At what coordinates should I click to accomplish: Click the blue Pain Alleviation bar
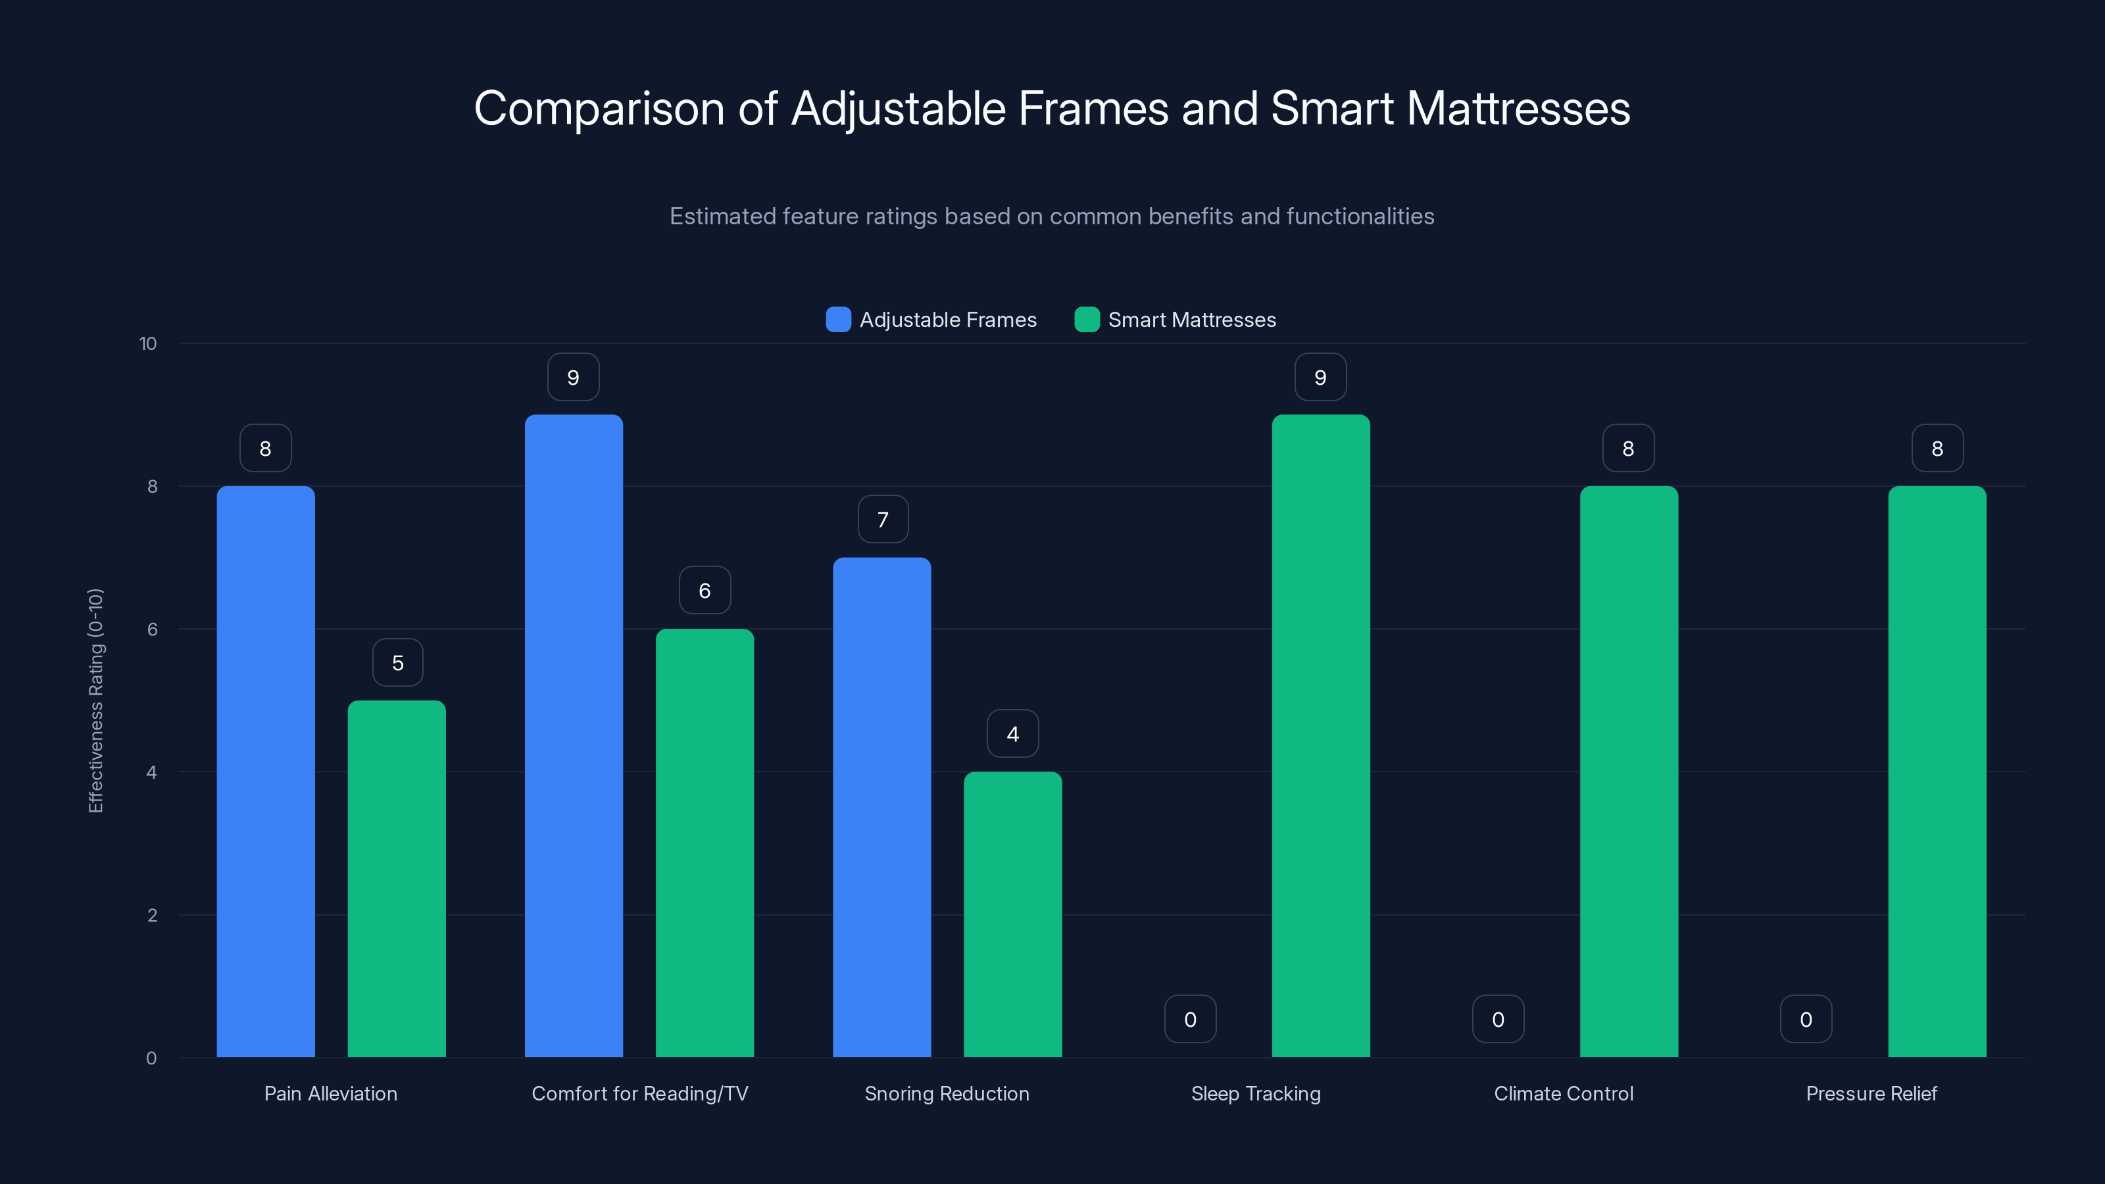[x=266, y=772]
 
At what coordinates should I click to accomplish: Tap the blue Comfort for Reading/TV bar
[x=574, y=735]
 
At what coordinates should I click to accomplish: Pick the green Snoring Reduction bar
[x=1012, y=914]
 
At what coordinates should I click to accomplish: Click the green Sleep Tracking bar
[x=1320, y=735]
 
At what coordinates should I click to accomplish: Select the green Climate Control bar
[x=1629, y=772]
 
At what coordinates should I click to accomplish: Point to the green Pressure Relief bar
[x=1937, y=772]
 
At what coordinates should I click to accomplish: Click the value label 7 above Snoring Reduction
[x=883, y=520]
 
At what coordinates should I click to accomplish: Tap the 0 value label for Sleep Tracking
[x=1190, y=1020]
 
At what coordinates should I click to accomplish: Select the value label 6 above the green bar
[x=705, y=591]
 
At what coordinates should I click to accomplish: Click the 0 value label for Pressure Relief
[x=1806, y=1020]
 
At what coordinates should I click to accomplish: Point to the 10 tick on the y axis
[x=148, y=344]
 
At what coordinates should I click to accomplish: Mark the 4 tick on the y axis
[x=151, y=772]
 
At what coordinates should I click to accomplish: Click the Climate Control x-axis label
[x=1563, y=1093]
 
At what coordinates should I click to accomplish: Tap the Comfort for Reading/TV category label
[x=640, y=1093]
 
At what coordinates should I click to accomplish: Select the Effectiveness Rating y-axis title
[x=95, y=701]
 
